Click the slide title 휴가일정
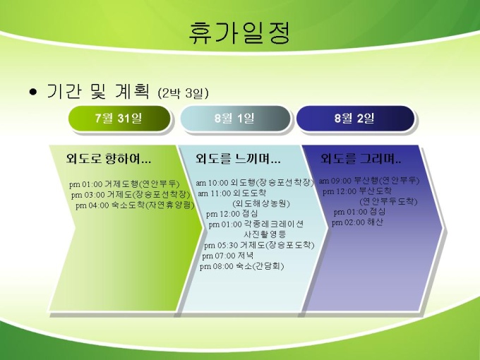[x=239, y=32]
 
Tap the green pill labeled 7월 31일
[x=119, y=119]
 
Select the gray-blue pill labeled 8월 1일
[x=235, y=119]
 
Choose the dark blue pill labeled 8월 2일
[x=355, y=119]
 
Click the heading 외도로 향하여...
[x=109, y=159]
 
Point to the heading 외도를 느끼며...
[x=238, y=159]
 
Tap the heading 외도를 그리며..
[x=361, y=159]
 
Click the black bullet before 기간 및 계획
[x=33, y=92]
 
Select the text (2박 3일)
[x=183, y=93]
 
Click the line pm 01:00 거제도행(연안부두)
[x=124, y=184]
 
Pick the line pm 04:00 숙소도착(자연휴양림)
[x=135, y=205]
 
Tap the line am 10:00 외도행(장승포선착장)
[x=255, y=183]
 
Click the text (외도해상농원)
[x=261, y=203]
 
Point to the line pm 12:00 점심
[x=232, y=214]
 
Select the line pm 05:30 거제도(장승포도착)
[x=259, y=245]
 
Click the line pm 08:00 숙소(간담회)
[x=242, y=266]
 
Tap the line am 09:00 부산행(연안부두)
[x=369, y=181]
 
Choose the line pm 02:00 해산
[x=358, y=222]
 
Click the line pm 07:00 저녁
[x=228, y=256]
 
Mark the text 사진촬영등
[x=265, y=234]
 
